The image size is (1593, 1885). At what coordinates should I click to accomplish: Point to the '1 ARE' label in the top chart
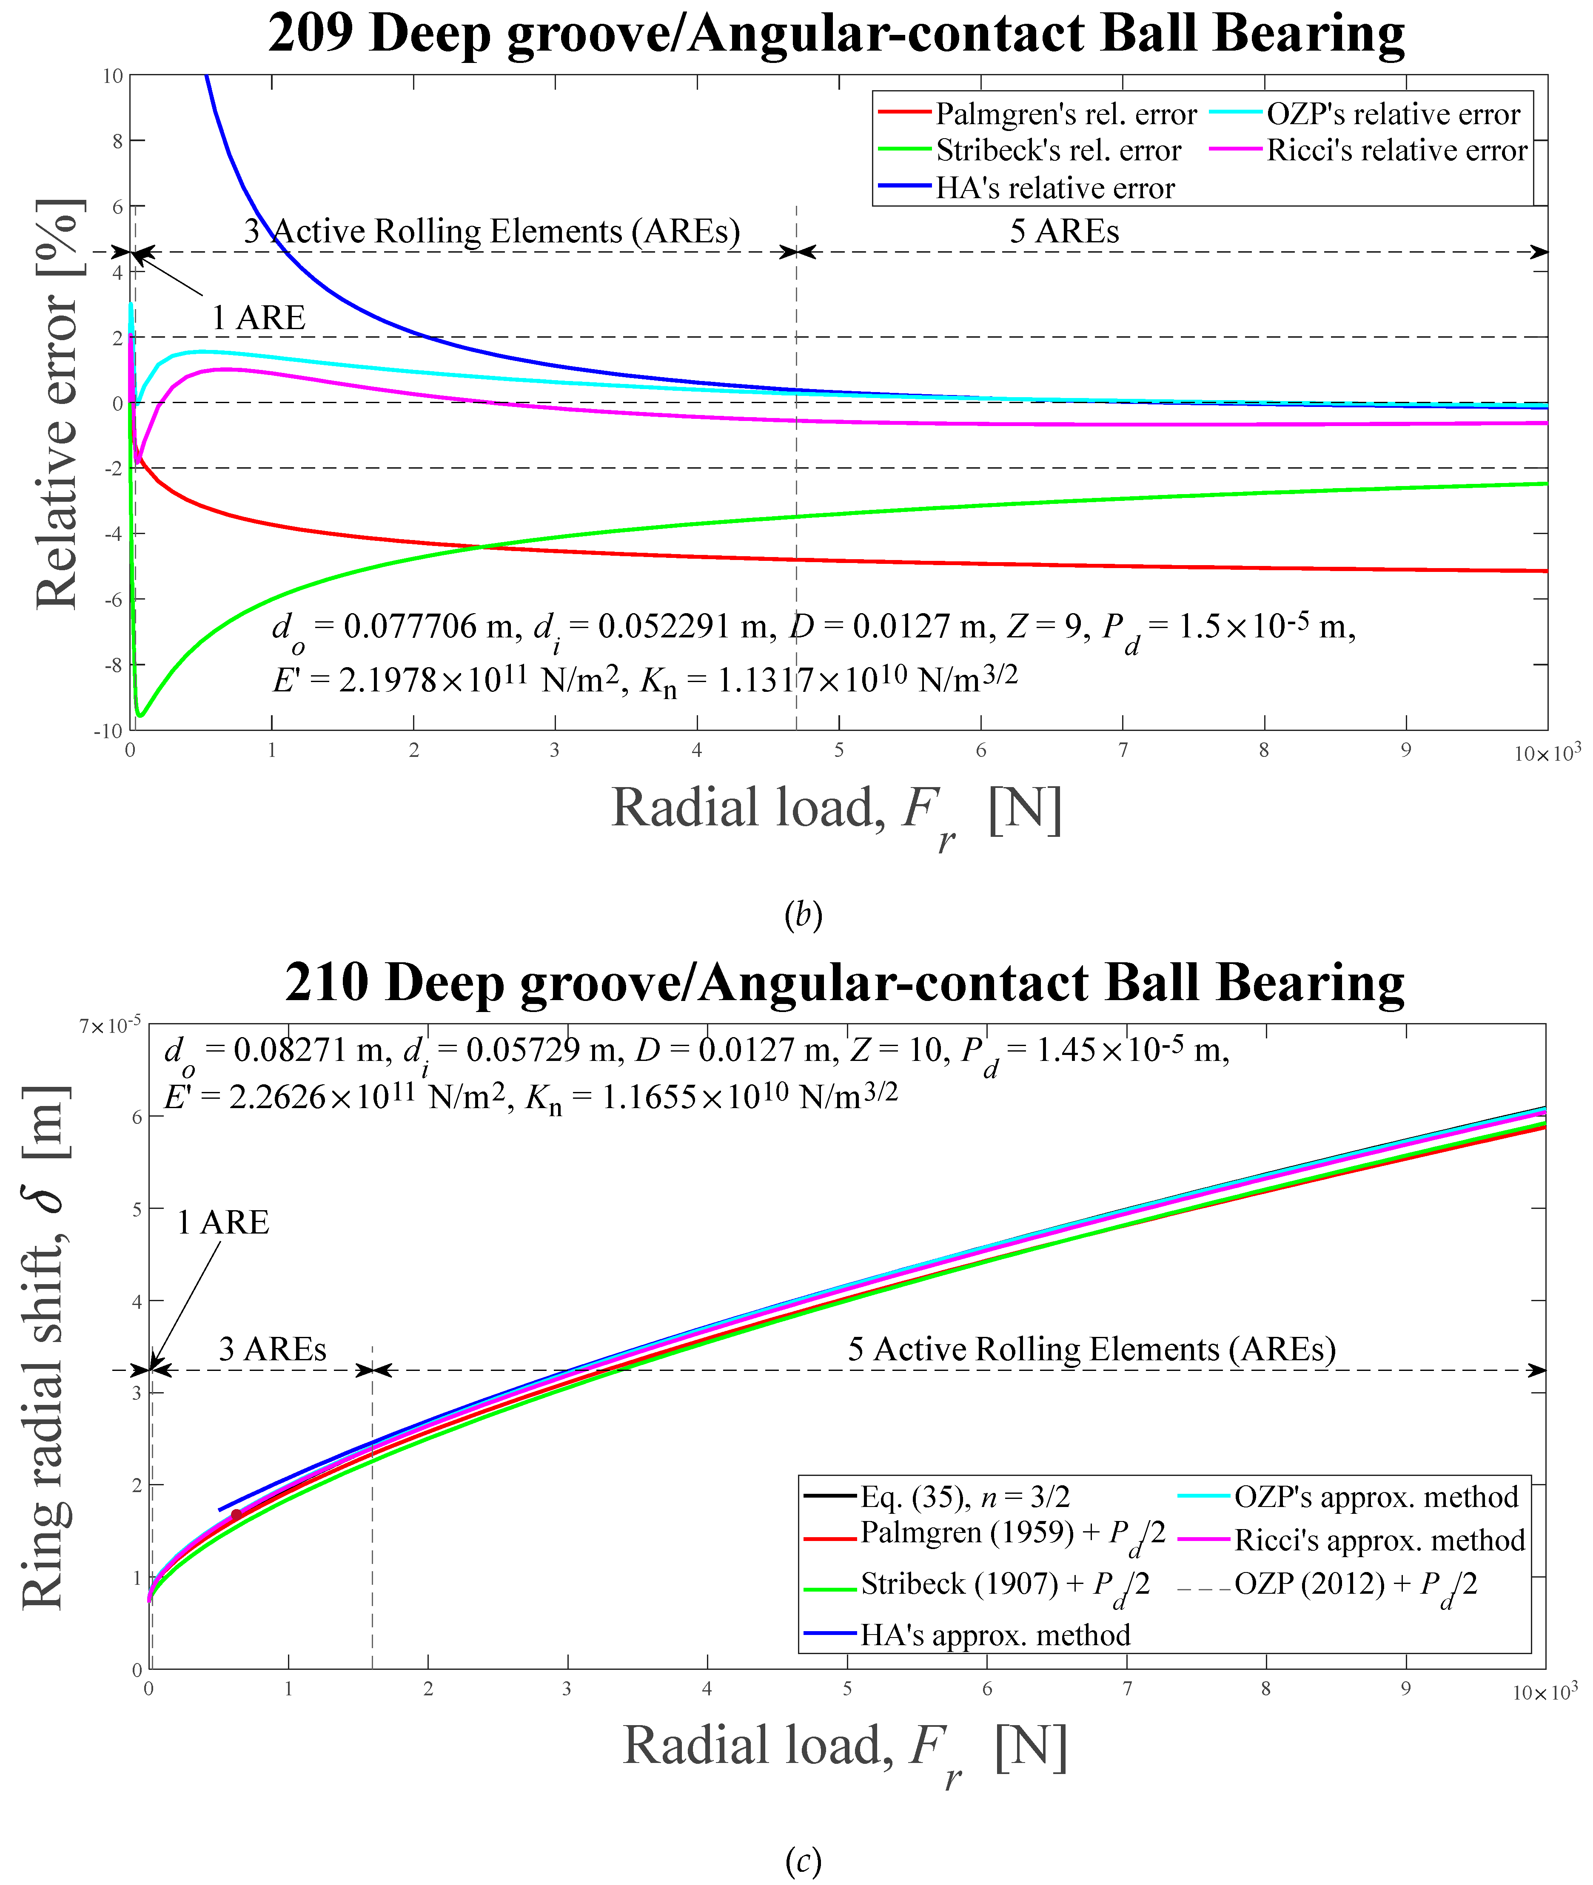pos(258,318)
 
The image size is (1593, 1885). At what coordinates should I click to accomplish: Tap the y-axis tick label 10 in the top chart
pos(113,76)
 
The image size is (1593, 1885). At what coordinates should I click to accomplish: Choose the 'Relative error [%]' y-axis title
pos(59,404)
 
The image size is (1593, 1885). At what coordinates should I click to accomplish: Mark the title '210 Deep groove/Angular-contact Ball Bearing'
pos(844,982)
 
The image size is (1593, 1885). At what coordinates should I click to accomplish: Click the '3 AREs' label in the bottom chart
pos(272,1349)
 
